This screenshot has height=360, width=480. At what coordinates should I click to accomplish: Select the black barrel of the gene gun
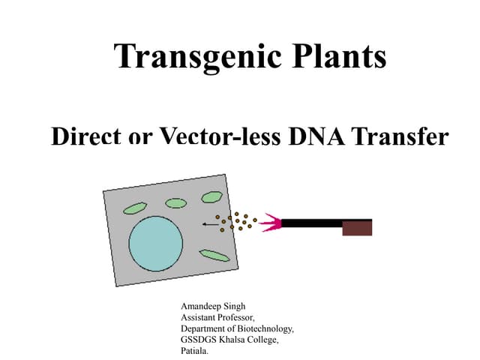point(311,223)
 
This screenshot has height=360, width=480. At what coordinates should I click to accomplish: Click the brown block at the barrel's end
point(357,227)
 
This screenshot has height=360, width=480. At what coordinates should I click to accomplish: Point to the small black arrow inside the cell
point(208,223)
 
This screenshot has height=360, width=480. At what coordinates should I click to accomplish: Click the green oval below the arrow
point(214,255)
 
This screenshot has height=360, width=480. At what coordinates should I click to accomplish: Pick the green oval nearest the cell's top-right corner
point(211,196)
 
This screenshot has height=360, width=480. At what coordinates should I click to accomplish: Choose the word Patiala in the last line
point(195,350)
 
